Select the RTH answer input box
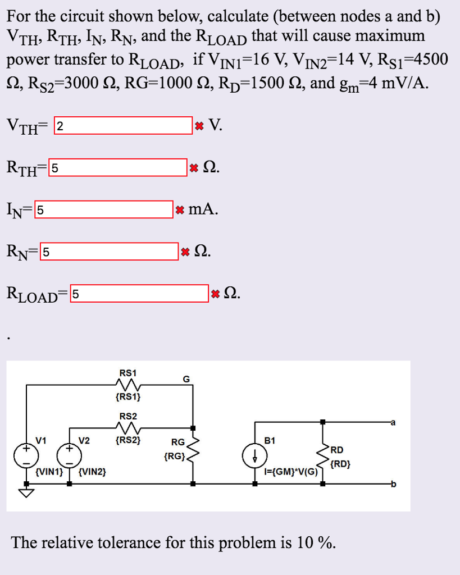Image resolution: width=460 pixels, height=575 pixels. click(118, 167)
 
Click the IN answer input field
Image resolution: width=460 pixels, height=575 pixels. click(104, 209)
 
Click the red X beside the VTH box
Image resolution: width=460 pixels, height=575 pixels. click(198, 126)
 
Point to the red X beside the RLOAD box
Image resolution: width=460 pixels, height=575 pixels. click(215, 293)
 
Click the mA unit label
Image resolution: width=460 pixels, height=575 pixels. click(202, 209)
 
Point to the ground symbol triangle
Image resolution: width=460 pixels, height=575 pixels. click(26, 492)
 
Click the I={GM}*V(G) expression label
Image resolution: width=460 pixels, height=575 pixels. click(291, 472)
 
